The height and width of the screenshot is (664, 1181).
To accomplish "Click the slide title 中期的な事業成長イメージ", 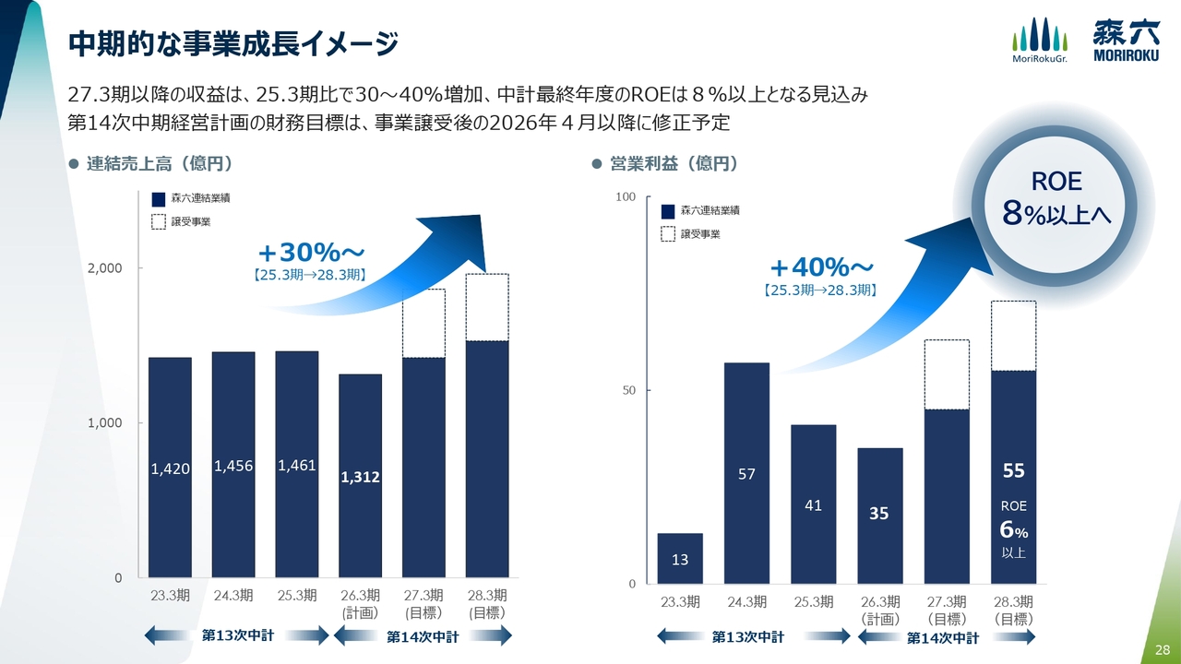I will click(x=233, y=42).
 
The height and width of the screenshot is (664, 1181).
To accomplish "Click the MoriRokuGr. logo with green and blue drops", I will click(x=1039, y=41).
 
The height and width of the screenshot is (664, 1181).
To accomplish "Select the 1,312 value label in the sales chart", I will click(x=360, y=478).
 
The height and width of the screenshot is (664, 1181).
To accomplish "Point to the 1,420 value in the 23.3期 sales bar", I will click(x=170, y=469).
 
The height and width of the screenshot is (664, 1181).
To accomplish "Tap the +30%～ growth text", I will click(x=311, y=252).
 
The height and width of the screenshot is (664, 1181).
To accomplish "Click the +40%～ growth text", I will click(x=821, y=267).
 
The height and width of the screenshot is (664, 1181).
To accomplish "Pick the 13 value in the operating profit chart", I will click(x=680, y=559).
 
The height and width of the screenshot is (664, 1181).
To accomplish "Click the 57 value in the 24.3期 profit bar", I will click(x=746, y=474).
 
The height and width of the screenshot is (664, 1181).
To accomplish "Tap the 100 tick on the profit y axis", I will click(x=626, y=197).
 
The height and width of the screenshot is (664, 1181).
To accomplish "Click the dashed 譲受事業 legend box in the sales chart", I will click(x=158, y=221).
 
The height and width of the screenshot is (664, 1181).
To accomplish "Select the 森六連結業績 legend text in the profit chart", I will click(x=710, y=211).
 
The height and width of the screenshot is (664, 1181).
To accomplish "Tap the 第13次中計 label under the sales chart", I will click(x=238, y=635).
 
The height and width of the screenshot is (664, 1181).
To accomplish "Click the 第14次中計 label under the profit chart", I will click(x=941, y=637).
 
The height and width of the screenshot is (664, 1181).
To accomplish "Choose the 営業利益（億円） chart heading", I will click(x=674, y=164).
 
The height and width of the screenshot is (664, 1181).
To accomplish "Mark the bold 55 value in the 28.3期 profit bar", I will click(x=1013, y=471).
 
